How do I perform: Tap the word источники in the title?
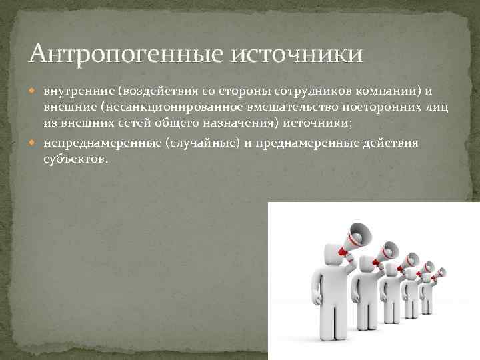point(297,52)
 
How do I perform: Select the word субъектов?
point(75,161)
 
